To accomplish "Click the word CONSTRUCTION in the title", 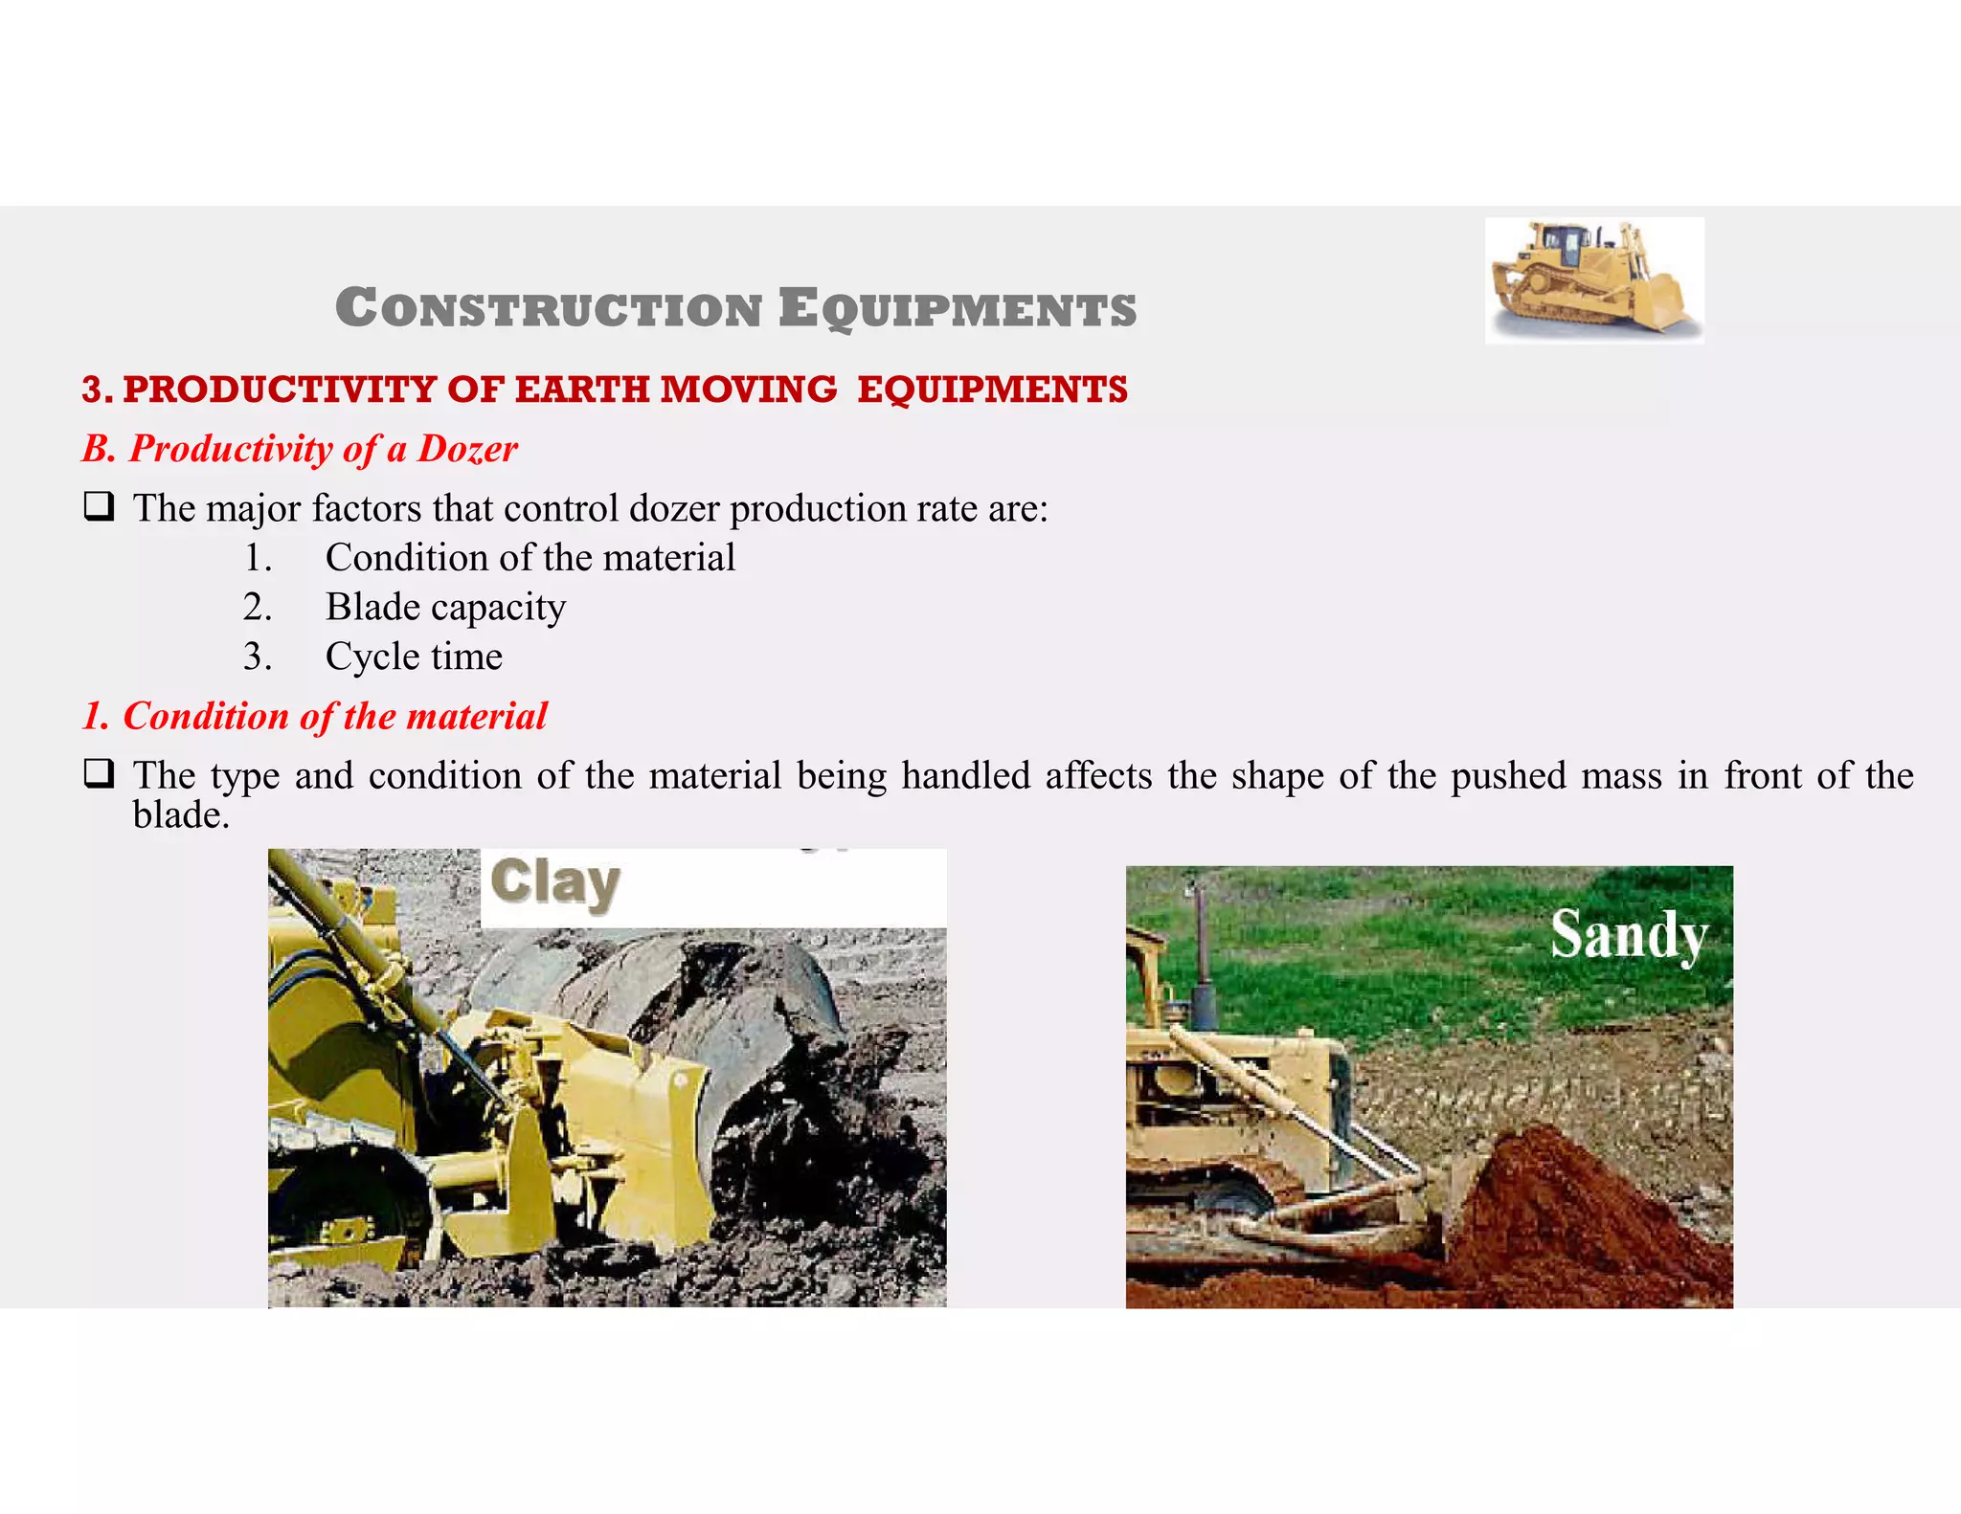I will click(549, 309).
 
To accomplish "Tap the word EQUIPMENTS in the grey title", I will click(957, 309).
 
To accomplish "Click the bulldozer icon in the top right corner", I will click(1593, 279).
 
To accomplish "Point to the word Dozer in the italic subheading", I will click(467, 449).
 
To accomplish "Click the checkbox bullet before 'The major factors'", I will click(99, 506).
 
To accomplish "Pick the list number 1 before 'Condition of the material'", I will click(257, 558).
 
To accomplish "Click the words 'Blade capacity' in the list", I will click(445, 608).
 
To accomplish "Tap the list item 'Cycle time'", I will click(414, 657).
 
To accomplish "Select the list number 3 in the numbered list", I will click(257, 657).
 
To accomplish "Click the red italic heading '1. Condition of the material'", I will click(315, 717).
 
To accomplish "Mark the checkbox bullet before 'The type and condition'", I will click(99, 773).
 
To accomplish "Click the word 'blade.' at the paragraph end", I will click(181, 815).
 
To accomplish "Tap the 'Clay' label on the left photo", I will click(555, 882).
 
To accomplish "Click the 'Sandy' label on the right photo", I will click(1629, 935).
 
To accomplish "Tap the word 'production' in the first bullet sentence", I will click(817, 508).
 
